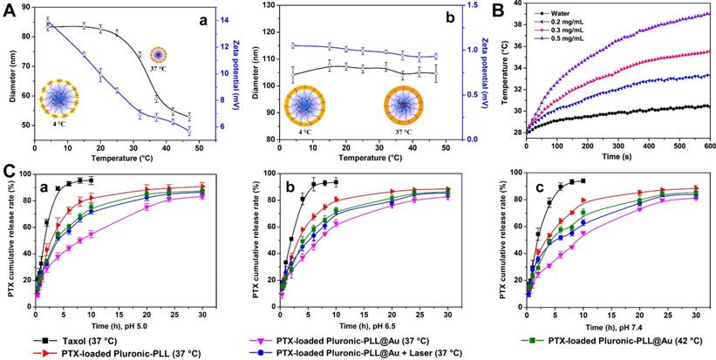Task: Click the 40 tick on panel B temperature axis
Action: [x=514, y=5]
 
